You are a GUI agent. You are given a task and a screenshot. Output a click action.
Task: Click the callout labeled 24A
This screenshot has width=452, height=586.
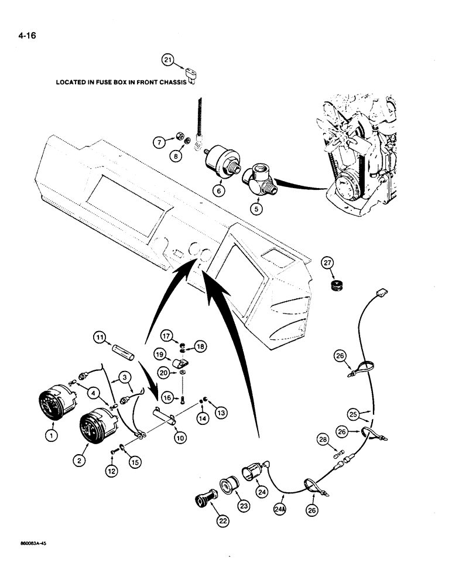(x=281, y=510)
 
